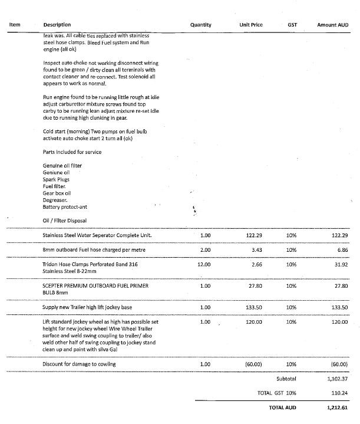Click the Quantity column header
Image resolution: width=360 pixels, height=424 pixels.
pos(201,25)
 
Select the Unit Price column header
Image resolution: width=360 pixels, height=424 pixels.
pos(252,25)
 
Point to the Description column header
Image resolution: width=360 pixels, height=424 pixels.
pos(57,25)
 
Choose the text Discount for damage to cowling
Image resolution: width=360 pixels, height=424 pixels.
pos(80,364)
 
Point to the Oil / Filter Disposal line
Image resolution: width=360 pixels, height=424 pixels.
pos(65,221)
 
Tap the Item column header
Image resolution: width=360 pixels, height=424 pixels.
pos(15,25)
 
